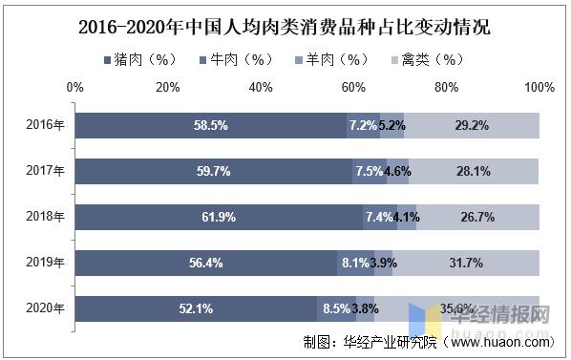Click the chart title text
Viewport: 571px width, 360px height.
click(x=285, y=27)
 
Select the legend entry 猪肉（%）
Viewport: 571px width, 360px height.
click(x=140, y=60)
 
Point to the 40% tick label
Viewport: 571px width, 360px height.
click(x=260, y=88)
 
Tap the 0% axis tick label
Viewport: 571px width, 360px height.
click(x=74, y=88)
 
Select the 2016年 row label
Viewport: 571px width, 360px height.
click(x=46, y=125)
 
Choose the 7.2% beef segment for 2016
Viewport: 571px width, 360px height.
click(x=363, y=125)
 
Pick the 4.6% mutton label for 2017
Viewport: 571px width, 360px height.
click(x=397, y=171)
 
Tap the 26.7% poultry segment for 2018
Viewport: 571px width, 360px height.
click(x=477, y=217)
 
